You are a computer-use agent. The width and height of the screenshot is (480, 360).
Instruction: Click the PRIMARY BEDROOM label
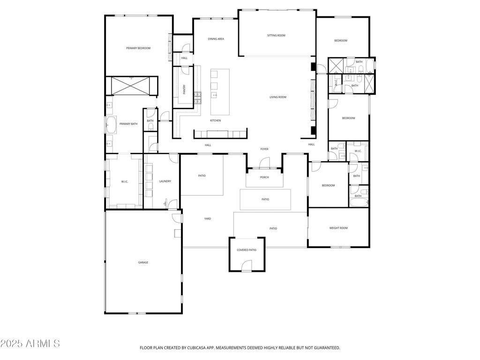coord(138,48)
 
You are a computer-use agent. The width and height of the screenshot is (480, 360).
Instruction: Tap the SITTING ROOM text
coord(276,36)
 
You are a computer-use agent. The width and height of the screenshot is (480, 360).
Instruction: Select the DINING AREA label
coord(216,39)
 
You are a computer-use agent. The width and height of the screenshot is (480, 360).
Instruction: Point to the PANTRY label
coord(185,89)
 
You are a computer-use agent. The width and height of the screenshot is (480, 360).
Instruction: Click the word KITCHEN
coord(215,121)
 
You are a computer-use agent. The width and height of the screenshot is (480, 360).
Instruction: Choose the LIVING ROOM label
coord(277,97)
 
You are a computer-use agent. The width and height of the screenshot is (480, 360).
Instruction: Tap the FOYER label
coord(264,149)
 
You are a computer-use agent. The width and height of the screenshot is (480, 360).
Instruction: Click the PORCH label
coord(264,177)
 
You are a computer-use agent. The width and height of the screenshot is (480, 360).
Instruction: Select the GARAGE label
coord(143,262)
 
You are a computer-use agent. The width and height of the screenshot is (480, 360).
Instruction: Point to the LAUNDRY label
coord(165,181)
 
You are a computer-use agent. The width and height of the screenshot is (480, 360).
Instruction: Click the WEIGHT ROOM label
coord(338,228)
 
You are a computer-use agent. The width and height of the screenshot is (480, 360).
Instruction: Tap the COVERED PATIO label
coord(247,250)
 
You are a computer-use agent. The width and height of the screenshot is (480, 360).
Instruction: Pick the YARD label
coord(207,219)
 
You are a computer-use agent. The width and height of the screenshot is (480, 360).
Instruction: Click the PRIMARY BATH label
coord(128,124)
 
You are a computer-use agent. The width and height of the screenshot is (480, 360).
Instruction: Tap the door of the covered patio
coord(247,269)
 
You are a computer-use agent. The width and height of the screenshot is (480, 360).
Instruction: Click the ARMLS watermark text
coord(30,344)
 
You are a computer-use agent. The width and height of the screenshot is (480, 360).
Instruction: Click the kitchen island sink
coord(215,95)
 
